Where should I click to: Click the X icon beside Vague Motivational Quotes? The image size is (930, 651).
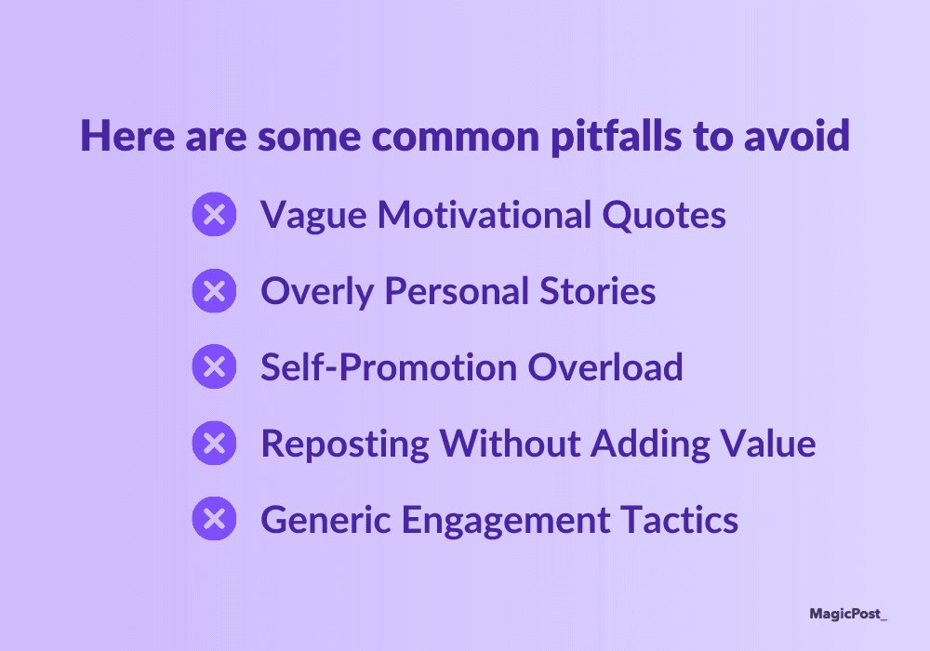click(214, 214)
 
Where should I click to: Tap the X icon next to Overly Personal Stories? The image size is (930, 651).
click(214, 290)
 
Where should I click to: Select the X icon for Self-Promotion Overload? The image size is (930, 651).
click(214, 366)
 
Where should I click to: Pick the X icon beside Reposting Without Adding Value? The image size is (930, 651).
click(214, 443)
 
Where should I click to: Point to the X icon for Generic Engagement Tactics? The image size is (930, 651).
click(214, 519)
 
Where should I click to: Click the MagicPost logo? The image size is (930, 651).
click(848, 614)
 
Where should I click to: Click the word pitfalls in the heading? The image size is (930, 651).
click(617, 136)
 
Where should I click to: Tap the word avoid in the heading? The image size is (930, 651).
click(797, 136)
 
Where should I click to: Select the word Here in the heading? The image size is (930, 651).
click(127, 136)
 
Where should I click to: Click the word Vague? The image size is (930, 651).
click(313, 216)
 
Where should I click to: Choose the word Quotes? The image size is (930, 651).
click(664, 215)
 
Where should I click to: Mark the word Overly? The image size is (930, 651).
click(317, 292)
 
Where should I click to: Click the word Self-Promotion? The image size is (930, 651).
click(389, 367)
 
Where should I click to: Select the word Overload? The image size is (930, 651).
click(605, 367)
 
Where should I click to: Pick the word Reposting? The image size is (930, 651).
click(345, 445)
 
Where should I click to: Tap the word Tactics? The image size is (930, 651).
click(679, 520)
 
